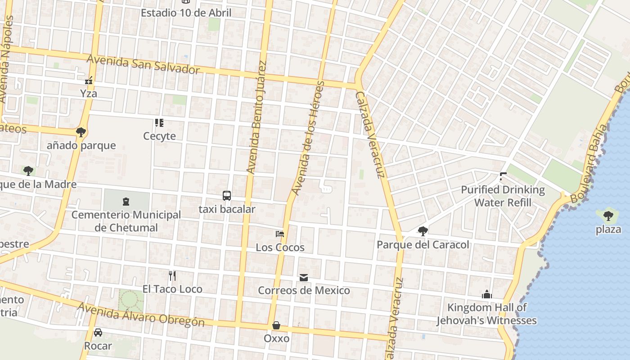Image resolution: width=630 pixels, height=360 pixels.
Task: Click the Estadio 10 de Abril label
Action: tap(186, 13)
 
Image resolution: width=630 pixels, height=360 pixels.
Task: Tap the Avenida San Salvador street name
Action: tap(143, 64)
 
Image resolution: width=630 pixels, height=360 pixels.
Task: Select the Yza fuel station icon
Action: tap(89, 81)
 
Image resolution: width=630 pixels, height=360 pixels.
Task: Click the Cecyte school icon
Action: tap(159, 122)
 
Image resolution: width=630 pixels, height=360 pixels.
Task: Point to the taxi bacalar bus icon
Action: tap(227, 196)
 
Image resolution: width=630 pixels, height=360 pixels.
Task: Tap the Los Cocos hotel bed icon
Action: tap(280, 234)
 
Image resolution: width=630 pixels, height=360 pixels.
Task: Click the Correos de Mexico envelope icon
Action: tap(304, 278)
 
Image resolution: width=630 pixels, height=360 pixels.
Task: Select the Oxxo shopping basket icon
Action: tap(276, 325)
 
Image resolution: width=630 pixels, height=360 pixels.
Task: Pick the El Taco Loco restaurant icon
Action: tap(172, 275)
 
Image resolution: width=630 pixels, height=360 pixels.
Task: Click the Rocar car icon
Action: tap(98, 333)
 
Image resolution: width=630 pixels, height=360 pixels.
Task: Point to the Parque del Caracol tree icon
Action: tap(423, 231)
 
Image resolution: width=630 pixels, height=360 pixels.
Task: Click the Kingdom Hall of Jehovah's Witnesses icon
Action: tap(486, 295)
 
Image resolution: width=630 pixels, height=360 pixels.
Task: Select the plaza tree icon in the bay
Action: tap(608, 216)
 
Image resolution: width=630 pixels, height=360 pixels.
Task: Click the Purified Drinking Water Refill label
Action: tap(503, 196)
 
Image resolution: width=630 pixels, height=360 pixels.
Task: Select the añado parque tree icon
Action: tap(81, 132)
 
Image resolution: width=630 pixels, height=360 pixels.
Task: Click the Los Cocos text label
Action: tap(280, 247)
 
